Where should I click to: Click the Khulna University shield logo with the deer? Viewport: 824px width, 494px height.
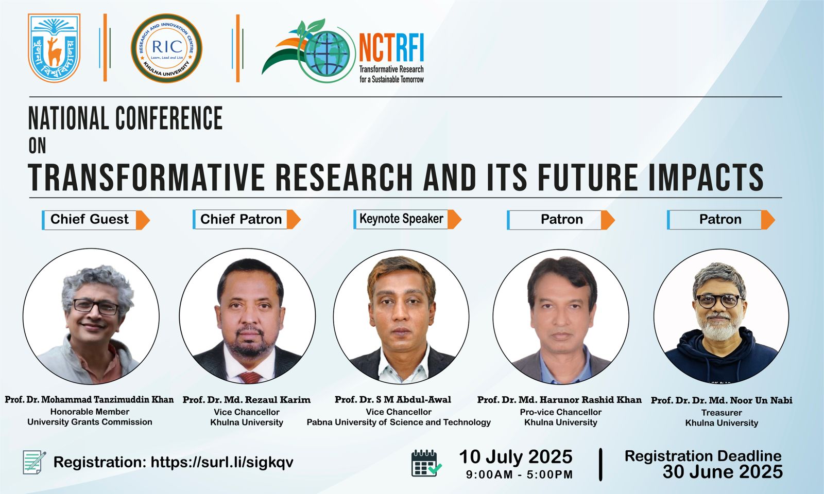pos(54,48)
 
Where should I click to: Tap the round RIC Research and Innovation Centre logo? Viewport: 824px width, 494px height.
pos(167,48)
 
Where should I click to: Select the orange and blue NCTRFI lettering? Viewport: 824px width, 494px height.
pos(391,48)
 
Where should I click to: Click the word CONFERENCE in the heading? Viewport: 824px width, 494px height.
pos(169,118)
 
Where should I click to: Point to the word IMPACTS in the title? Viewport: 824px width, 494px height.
pos(706,177)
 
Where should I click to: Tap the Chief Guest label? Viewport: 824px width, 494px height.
pos(90,219)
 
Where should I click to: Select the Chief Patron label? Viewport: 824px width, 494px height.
pos(242,219)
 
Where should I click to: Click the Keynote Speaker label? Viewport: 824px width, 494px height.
pos(401,219)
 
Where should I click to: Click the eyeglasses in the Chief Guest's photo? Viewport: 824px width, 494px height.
pos(96,307)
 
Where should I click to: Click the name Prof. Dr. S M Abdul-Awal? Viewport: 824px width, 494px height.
pos(393,399)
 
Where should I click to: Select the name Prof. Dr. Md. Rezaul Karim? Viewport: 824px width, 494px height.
pos(247,399)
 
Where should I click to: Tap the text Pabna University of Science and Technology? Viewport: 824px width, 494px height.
pos(399,422)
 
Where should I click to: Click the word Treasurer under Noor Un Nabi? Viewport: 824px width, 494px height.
pos(722,413)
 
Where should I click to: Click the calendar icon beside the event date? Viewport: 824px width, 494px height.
pos(426,463)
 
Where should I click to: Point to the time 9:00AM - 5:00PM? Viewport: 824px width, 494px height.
pos(520,474)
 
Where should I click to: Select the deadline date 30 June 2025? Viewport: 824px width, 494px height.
pos(723,472)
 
